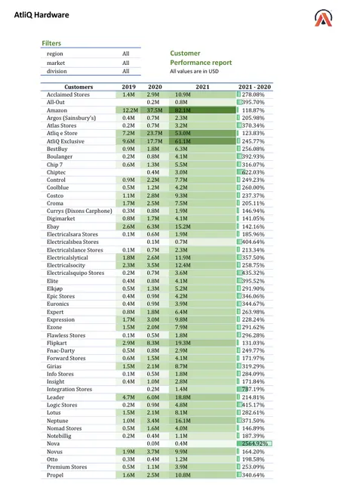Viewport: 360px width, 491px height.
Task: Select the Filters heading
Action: [51, 44]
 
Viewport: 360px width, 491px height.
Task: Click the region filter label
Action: [54, 54]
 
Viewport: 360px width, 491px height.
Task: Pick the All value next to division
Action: [126, 71]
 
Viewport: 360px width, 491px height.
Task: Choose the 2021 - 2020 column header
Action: [255, 88]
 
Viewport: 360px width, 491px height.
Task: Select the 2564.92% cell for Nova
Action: [255, 443]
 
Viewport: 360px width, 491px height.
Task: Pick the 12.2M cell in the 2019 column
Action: [128, 110]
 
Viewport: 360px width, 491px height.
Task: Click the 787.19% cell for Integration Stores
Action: [255, 388]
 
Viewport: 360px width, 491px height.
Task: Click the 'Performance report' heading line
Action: [201, 63]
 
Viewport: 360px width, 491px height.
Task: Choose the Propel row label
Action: [55, 475]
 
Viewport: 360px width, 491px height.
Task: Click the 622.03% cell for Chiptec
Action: [255, 172]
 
